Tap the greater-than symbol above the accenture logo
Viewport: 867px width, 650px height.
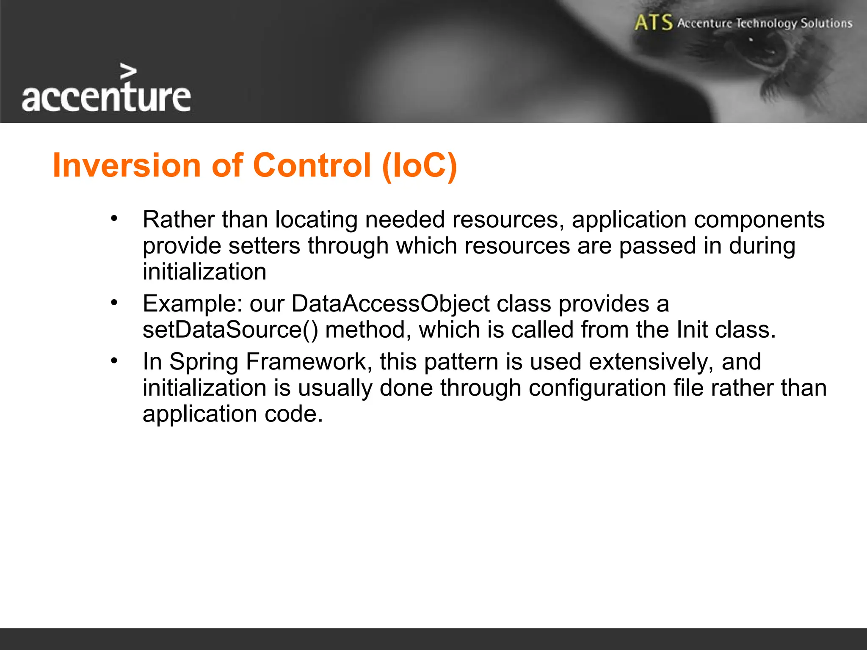click(x=128, y=72)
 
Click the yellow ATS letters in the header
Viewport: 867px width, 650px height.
click(x=653, y=22)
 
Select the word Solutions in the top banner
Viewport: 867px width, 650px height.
click(x=826, y=23)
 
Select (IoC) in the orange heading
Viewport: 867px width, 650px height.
click(x=419, y=165)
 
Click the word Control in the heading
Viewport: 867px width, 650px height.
click(x=312, y=165)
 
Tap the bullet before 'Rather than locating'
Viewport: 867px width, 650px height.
click(x=113, y=219)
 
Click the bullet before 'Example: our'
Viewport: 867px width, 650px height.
click(x=113, y=303)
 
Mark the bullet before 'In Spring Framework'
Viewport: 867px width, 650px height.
click(x=113, y=361)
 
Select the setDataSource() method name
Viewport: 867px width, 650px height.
click(x=230, y=330)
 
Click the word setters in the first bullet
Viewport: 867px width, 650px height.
click(x=264, y=246)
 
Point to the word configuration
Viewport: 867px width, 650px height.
click(x=597, y=388)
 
